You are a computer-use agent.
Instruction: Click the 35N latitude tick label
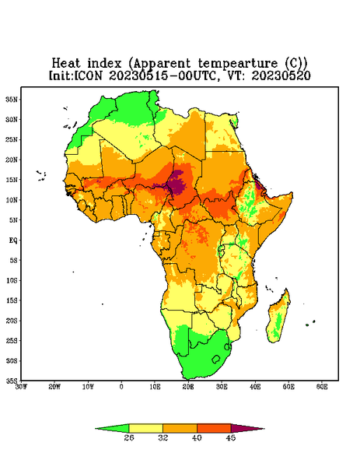(12, 99)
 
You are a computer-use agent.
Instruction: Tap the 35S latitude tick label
(12, 381)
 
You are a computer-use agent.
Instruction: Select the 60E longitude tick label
(322, 387)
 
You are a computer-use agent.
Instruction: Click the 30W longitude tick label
(21, 387)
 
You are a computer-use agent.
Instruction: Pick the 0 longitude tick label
(121, 387)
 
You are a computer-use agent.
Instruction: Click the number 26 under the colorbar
(129, 437)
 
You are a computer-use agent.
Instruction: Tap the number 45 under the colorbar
(231, 437)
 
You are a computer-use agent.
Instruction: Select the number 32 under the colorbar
(163, 437)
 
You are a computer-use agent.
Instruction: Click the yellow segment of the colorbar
(145, 428)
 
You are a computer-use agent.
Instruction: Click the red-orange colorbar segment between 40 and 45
(214, 428)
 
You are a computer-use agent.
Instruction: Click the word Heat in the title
(66, 63)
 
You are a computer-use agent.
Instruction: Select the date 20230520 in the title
(281, 75)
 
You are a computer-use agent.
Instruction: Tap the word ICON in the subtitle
(88, 75)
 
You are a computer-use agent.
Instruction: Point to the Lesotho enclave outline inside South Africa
(216, 359)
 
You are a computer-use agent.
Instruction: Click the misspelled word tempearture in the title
(238, 64)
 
